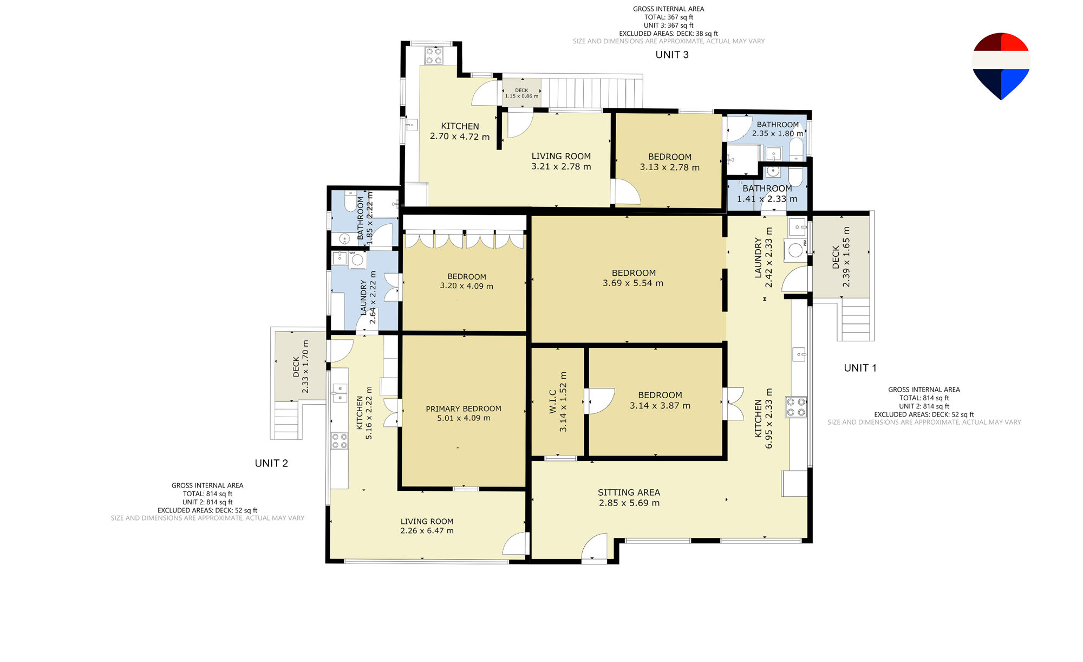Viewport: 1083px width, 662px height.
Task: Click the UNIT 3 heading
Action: click(672, 55)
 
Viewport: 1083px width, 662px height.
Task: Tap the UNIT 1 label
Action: click(860, 368)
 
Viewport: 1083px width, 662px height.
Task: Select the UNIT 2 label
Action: click(271, 463)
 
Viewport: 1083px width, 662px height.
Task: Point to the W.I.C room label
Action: click(553, 401)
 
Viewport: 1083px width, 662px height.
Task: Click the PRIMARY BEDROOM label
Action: click(464, 408)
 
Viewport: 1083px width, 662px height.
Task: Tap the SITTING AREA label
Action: click(629, 492)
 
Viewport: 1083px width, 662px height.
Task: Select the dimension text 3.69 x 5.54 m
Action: click(633, 283)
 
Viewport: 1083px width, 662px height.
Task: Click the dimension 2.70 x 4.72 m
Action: click(460, 137)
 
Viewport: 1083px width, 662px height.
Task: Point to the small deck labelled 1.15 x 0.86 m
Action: click(521, 93)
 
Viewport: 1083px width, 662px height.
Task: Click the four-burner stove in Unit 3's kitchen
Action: click(434, 56)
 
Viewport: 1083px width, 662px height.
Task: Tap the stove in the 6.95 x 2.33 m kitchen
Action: click(797, 407)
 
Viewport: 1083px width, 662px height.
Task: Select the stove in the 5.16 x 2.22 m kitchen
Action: click(340, 441)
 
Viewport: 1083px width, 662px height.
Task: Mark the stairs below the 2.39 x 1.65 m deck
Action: click(856, 320)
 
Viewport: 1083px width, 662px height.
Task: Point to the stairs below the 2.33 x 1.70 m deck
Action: click(286, 420)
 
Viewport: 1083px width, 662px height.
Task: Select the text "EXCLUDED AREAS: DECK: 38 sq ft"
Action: click(668, 34)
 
